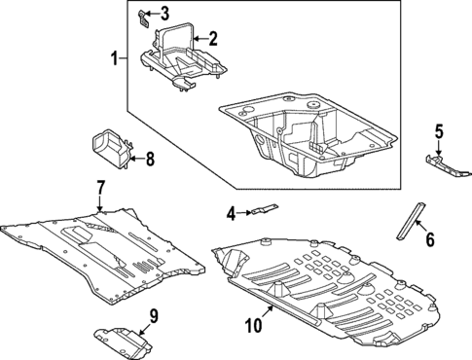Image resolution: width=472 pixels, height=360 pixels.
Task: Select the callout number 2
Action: (213, 40)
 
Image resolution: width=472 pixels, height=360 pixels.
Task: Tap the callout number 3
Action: (164, 13)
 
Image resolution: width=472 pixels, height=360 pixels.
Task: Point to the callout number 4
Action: (231, 213)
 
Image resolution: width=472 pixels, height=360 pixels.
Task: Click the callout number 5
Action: (438, 130)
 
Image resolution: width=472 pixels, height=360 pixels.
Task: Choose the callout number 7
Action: (100, 186)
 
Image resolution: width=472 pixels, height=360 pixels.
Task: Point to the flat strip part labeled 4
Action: (263, 208)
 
